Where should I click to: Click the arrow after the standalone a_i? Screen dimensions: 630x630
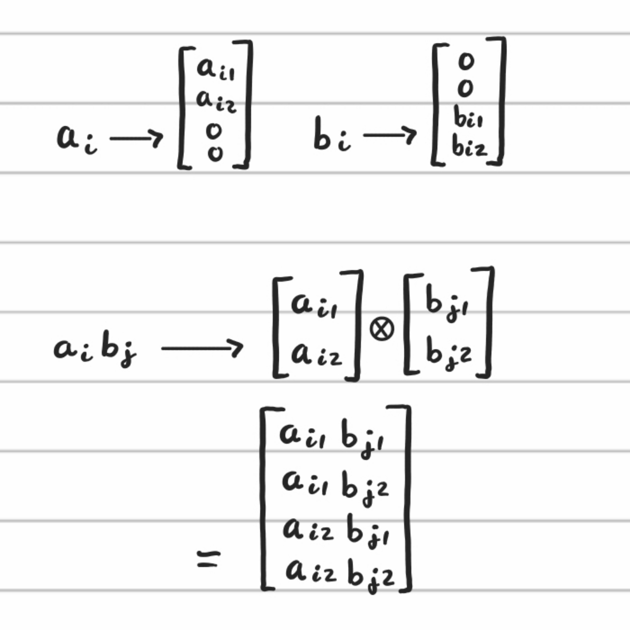click(x=136, y=138)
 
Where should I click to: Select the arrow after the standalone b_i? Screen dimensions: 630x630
click(x=390, y=136)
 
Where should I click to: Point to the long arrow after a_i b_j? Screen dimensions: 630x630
click(x=202, y=349)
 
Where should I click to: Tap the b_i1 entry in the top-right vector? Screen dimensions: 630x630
click(x=468, y=118)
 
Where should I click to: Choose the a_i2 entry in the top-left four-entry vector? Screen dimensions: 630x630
click(x=216, y=101)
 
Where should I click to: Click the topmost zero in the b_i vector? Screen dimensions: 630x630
click(x=466, y=61)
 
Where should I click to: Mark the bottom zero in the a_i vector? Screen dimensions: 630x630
click(x=215, y=153)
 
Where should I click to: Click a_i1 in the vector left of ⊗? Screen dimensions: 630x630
click(x=314, y=304)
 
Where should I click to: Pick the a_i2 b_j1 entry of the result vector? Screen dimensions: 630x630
click(x=335, y=530)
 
